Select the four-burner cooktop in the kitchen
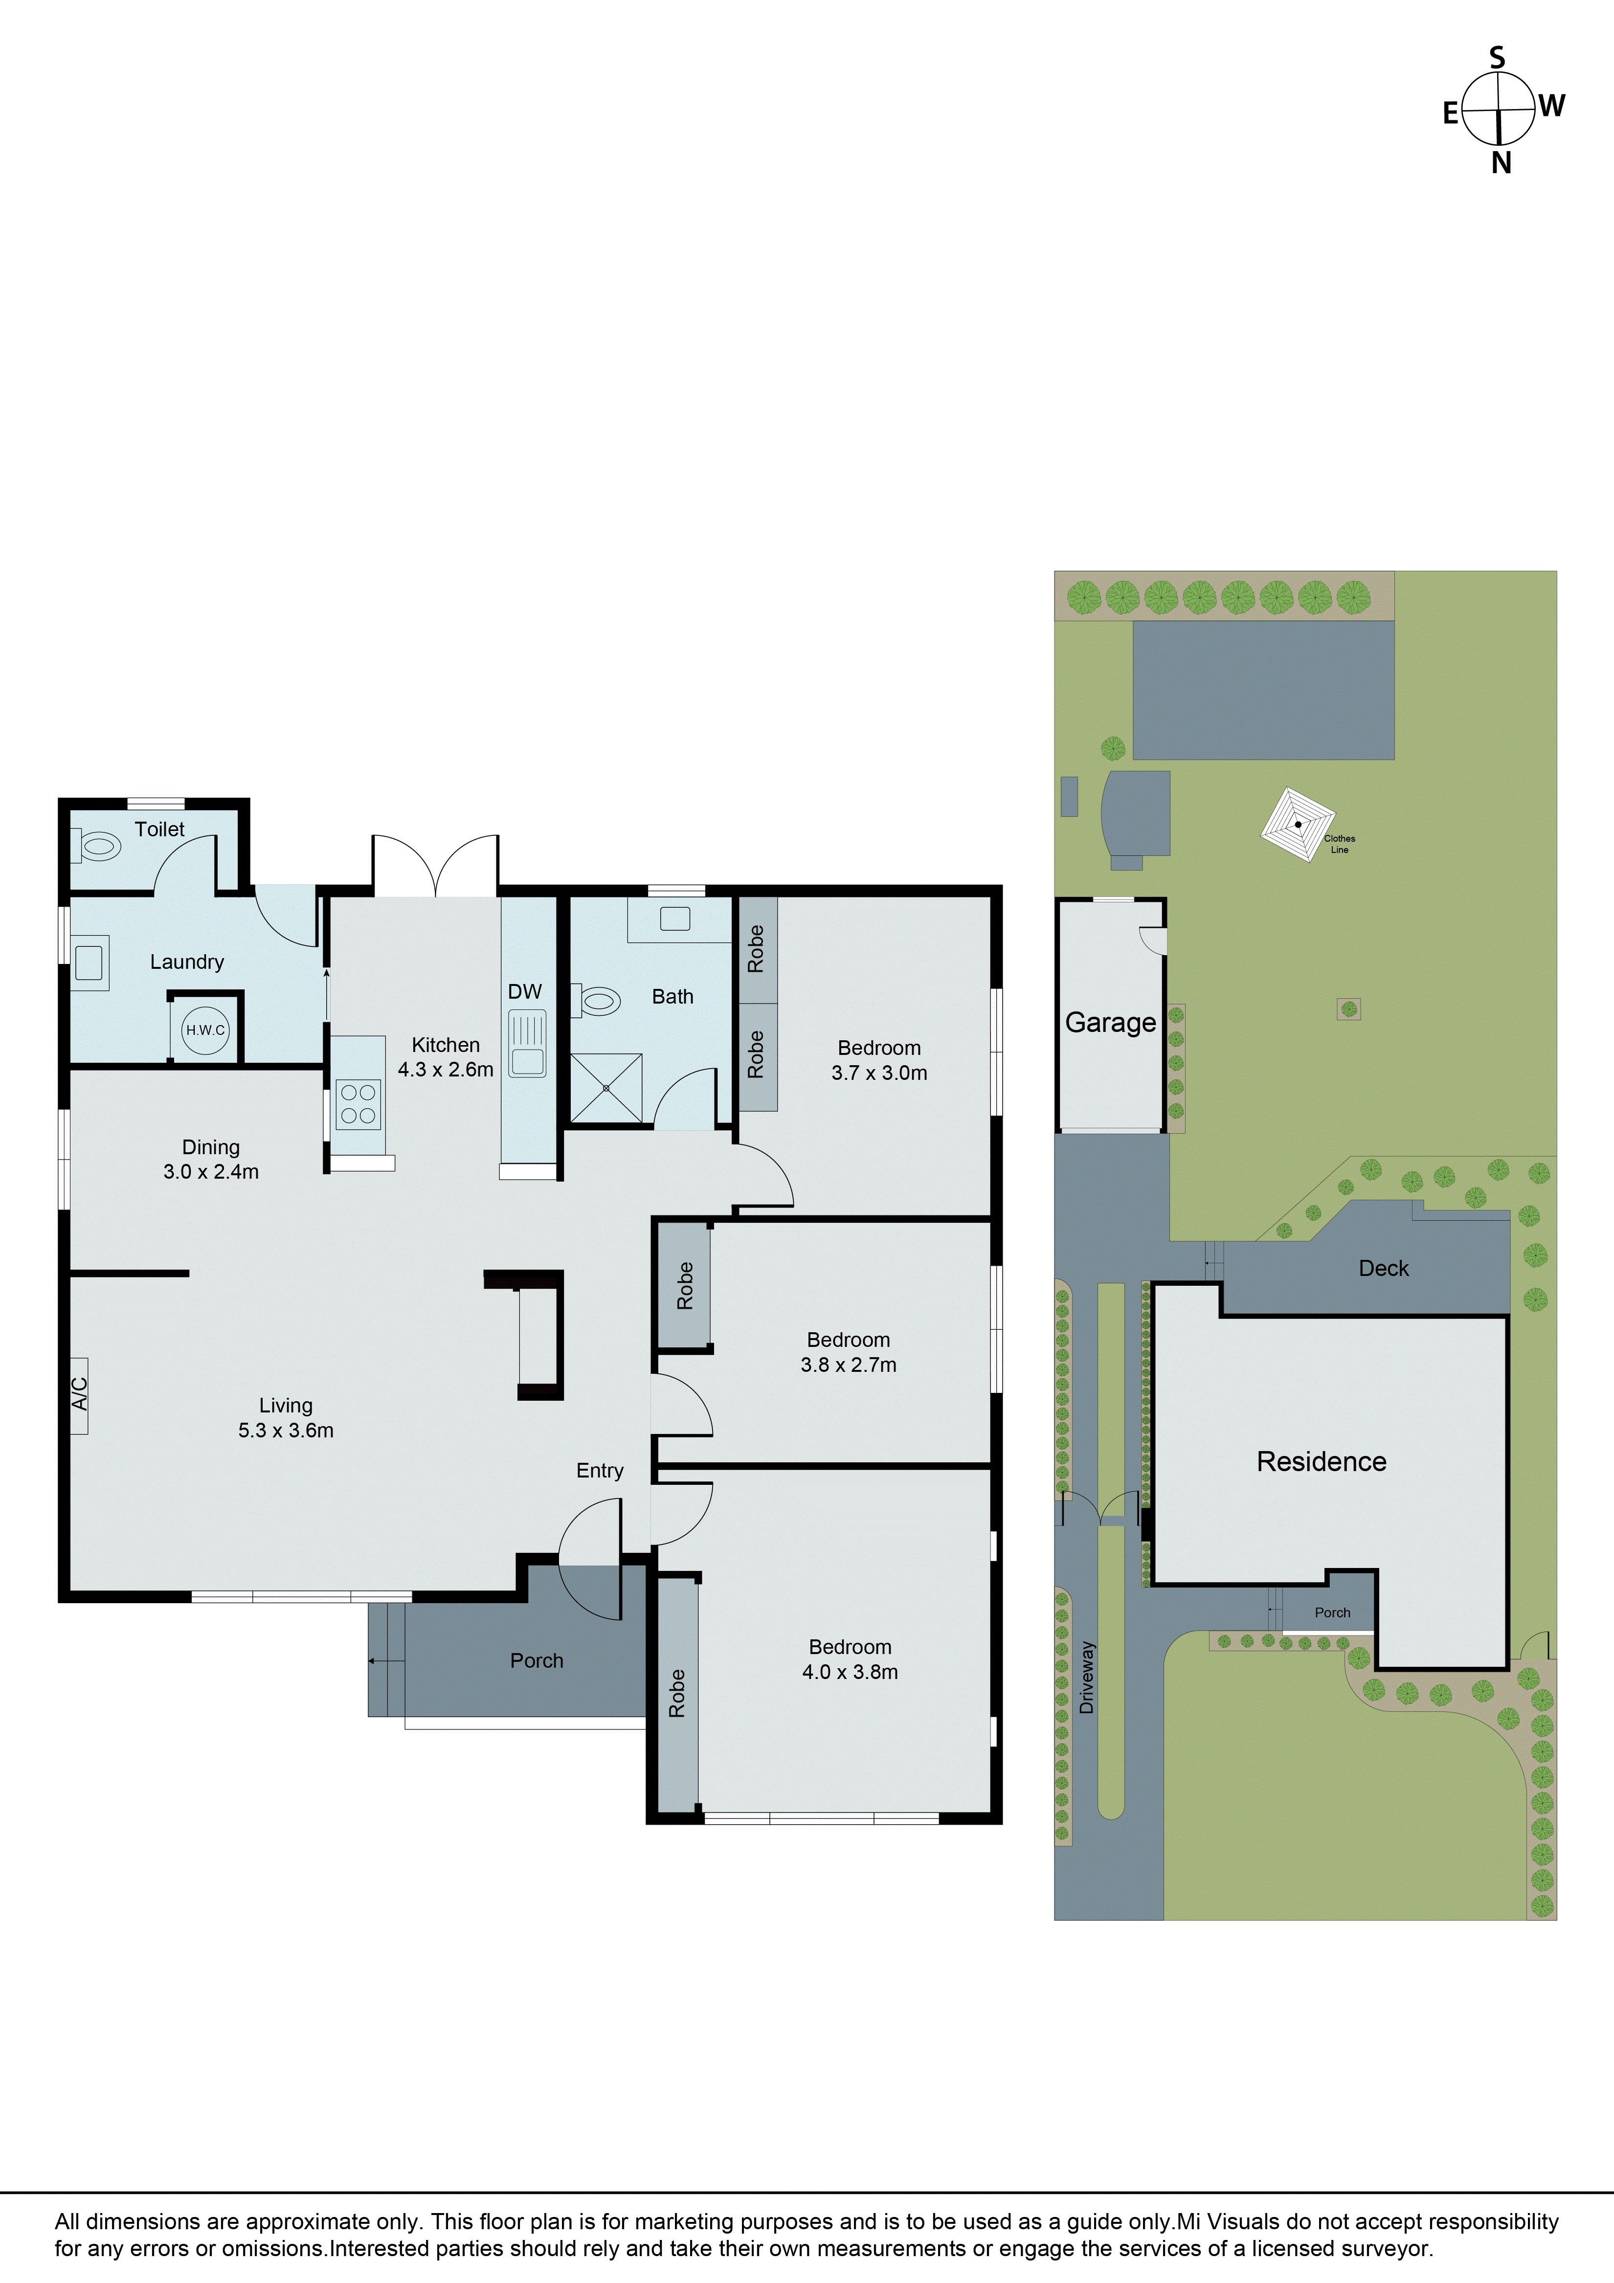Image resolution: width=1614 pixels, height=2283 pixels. click(358, 1104)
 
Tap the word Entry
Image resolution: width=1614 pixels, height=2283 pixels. click(600, 1471)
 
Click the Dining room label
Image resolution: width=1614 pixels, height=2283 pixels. click(211, 1147)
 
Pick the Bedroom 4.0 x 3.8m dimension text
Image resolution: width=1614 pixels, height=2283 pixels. click(850, 1672)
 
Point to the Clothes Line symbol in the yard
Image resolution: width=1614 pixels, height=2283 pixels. click(1298, 824)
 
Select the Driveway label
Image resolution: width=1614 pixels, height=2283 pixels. click(1087, 1678)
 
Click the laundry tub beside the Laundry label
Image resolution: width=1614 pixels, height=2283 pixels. click(89, 962)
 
